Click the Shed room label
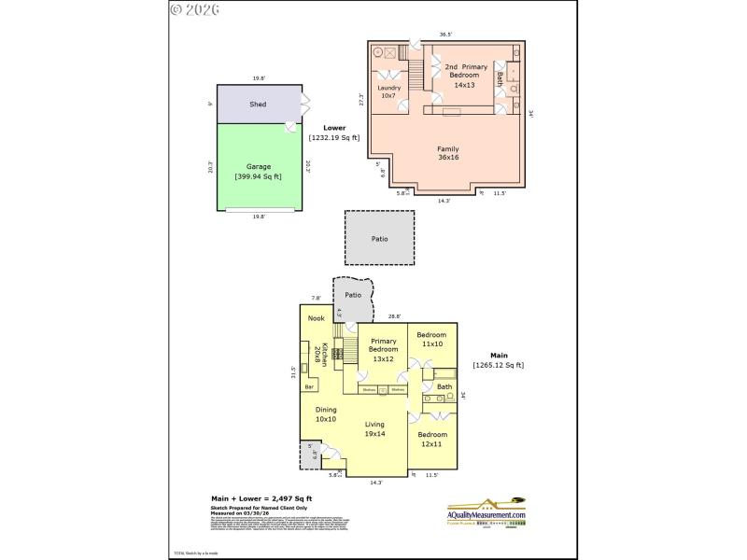coord(258,105)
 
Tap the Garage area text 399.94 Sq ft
coord(259,175)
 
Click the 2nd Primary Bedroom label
coord(464,76)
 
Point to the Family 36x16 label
coord(449,153)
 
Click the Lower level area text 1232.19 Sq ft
coord(334,137)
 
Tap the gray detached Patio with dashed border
coord(379,239)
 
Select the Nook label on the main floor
coord(317,318)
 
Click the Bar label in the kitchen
coord(309,385)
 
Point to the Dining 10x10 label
coord(326,413)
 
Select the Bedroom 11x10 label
coord(431,339)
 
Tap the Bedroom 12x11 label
coord(432,440)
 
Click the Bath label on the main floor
coord(444,386)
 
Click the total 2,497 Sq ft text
coord(261,498)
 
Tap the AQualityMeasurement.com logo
coord(486,512)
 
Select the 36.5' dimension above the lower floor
coord(446,35)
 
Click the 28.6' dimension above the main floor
coord(394,316)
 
